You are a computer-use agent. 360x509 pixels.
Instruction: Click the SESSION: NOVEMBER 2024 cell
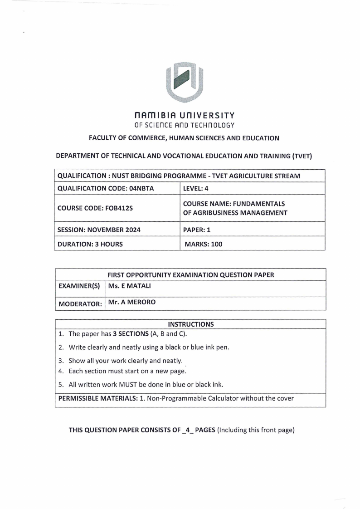pos(99,230)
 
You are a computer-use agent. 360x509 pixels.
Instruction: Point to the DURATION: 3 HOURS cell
pos(90,244)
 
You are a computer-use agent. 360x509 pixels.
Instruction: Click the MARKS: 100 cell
pos(203,244)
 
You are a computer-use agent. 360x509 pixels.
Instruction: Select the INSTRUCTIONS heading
pos(190,324)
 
